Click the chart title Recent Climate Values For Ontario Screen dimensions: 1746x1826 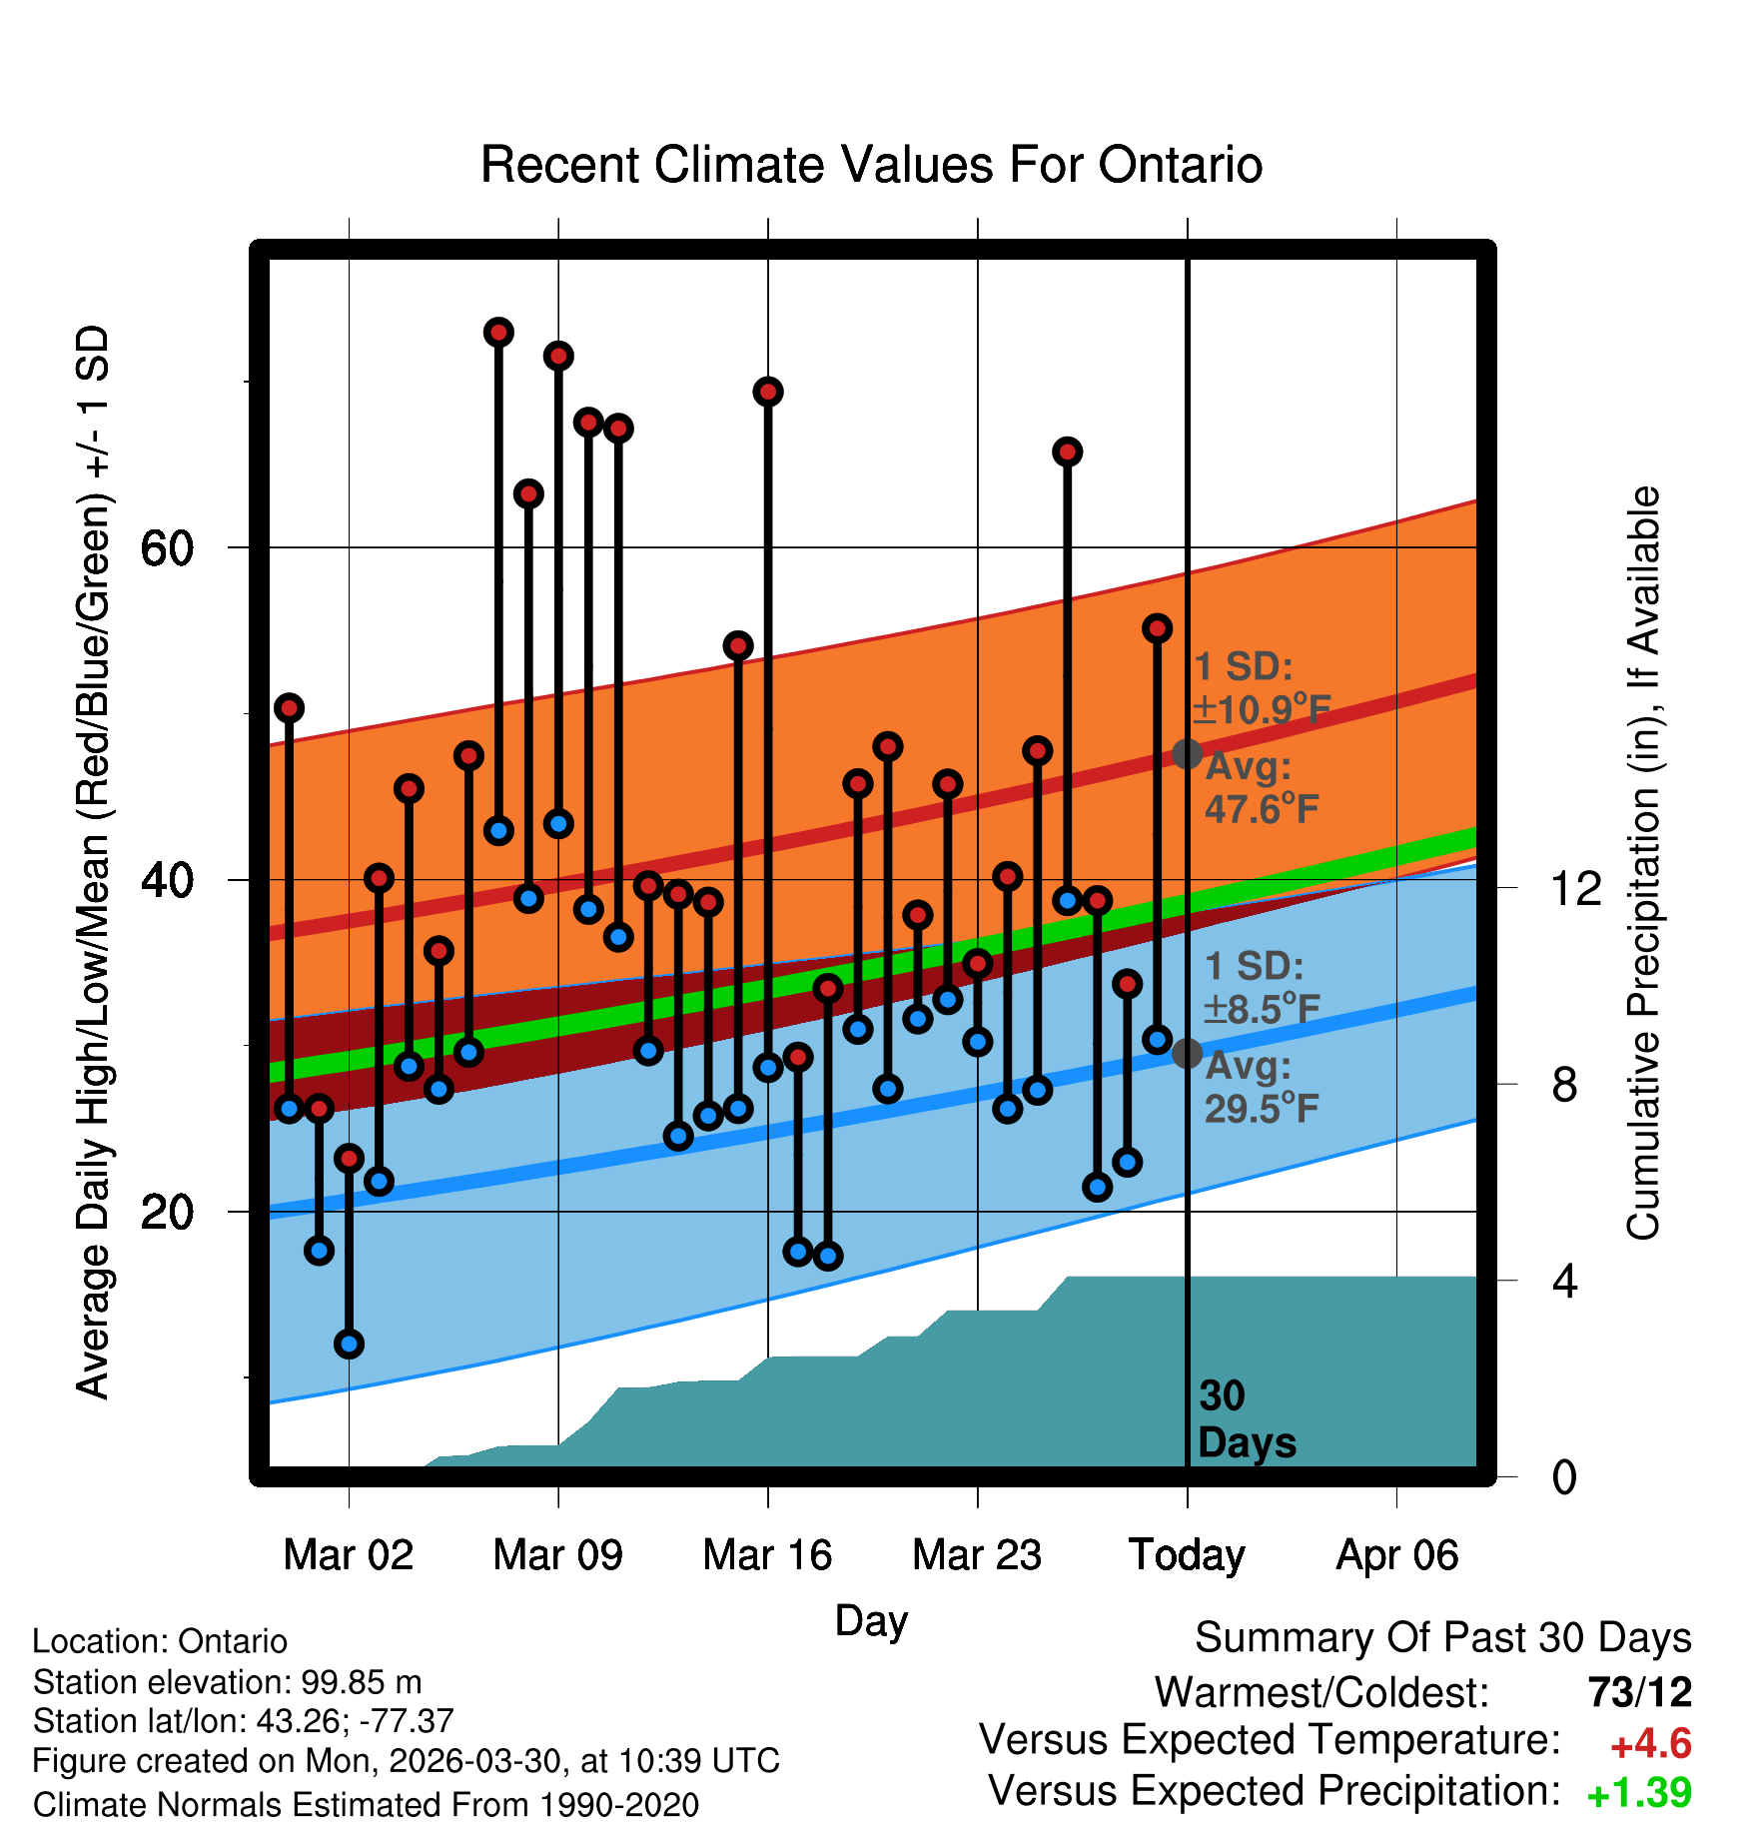tap(871, 165)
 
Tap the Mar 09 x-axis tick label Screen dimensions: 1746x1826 tap(557, 1555)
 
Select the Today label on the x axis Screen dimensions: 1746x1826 tap(1187, 1555)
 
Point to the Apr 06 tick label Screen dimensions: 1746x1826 tap(1397, 1555)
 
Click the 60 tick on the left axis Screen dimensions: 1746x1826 tap(167, 547)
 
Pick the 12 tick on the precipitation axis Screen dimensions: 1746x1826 tap(1576, 888)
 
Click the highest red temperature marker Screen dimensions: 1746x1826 tap(498, 332)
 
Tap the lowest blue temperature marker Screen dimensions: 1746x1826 tap(349, 1344)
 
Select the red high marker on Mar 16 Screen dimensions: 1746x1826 tap(768, 392)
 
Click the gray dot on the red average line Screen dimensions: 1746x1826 tap(1187, 753)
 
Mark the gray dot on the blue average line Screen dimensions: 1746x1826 tap(1187, 1053)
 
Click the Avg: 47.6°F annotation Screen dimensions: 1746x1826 tap(1262, 787)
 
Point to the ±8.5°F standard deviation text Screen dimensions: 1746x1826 tap(1262, 1009)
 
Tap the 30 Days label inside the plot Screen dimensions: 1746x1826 tap(1247, 1419)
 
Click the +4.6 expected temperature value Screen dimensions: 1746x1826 tap(1651, 1745)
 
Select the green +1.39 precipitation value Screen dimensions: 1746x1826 tap(1639, 1793)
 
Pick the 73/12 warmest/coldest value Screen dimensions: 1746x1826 tap(1640, 1692)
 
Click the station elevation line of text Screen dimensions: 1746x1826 tap(228, 1682)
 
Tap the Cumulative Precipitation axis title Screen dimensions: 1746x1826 tap(1643, 864)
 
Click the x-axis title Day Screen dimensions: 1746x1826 tap(871, 1620)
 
